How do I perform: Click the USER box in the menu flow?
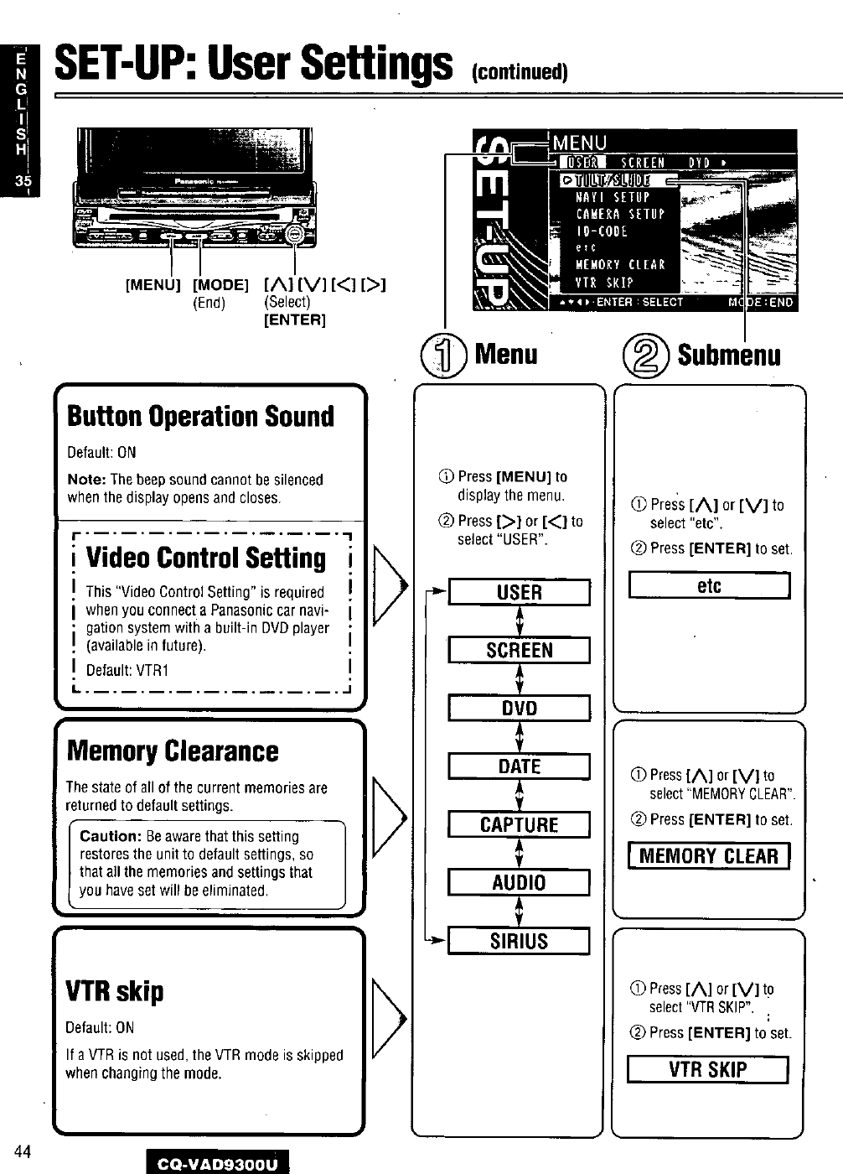coord(520,593)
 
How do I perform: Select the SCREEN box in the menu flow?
coord(520,651)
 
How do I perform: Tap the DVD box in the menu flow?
coord(520,709)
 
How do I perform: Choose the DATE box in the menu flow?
coord(520,766)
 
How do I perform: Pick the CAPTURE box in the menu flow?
coord(520,825)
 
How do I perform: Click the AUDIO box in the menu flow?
coord(520,883)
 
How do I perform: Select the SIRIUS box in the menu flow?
coord(520,942)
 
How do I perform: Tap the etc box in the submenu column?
coord(709,586)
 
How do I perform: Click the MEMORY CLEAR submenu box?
coord(709,856)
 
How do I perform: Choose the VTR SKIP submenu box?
coord(708,1070)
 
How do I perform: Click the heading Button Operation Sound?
coord(200,417)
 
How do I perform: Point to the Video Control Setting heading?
coord(206,558)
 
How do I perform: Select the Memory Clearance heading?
coord(172,751)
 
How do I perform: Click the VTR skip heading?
coord(115,991)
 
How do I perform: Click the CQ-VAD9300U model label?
coord(216,1162)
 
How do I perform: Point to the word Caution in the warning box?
coord(111,837)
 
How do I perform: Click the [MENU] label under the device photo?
coord(153,285)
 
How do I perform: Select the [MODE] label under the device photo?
coord(221,285)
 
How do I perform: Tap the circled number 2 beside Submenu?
coord(651,355)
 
